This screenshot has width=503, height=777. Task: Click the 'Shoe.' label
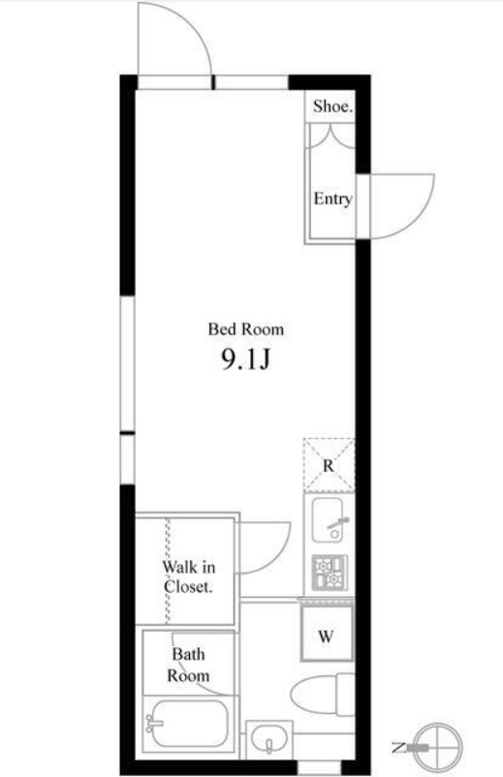[332, 106]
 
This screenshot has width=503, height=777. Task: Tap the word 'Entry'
[332, 199]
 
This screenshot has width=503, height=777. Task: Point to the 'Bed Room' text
[246, 329]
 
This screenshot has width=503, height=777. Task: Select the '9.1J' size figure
[245, 359]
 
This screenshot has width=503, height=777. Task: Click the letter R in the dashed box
[329, 466]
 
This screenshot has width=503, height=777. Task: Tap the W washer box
[327, 634]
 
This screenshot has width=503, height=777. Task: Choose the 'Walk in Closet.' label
[189, 576]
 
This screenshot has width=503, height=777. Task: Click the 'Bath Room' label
[188, 665]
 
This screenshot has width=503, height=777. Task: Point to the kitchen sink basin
[328, 520]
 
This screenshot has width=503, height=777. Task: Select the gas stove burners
[330, 573]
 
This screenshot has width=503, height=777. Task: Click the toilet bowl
[322, 695]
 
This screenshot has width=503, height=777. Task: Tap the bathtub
[189, 729]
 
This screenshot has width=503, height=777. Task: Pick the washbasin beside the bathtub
[269, 740]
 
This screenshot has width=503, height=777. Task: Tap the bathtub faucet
[154, 724]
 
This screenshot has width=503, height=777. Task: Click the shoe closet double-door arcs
[332, 136]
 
